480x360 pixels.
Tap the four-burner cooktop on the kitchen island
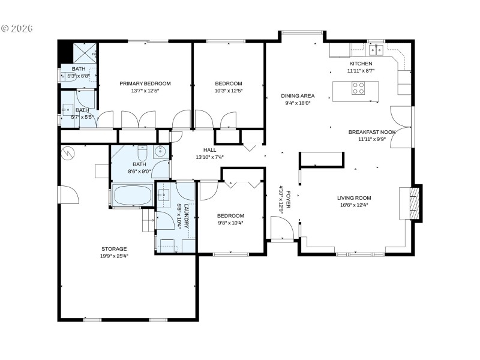358,89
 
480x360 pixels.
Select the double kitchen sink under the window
376,49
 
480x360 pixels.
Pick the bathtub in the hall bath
132,196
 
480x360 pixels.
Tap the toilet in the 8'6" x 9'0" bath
142,151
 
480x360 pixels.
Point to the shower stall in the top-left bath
84,53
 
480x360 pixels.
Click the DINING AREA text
298,95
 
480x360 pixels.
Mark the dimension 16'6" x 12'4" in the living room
353,205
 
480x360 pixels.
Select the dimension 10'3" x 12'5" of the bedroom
229,91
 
